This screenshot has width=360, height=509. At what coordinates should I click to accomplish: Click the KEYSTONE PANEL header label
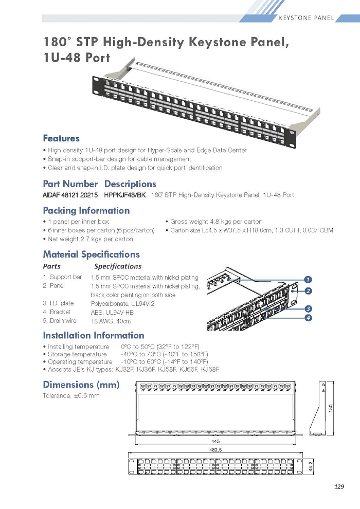(306, 18)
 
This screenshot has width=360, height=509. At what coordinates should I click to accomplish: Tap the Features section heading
(61, 138)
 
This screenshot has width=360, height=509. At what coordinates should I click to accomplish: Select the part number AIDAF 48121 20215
(70, 195)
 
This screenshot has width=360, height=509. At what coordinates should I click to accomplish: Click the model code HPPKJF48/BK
(125, 195)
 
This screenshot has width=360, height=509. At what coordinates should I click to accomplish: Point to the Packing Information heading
(86, 210)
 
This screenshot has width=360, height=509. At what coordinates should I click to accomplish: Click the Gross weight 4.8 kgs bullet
(214, 222)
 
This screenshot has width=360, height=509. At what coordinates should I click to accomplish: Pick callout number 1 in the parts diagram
(308, 280)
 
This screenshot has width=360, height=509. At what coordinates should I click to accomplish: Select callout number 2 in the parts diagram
(308, 291)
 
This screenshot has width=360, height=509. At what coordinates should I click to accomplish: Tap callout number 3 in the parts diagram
(308, 308)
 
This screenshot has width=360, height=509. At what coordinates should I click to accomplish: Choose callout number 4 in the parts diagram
(308, 317)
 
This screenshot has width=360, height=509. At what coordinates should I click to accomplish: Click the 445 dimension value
(215, 441)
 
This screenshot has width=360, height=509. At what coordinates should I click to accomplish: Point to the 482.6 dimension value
(215, 450)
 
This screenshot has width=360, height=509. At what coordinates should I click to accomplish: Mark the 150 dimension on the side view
(331, 408)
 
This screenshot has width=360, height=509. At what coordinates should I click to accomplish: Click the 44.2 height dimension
(311, 467)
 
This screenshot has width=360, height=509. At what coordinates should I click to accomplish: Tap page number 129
(339, 486)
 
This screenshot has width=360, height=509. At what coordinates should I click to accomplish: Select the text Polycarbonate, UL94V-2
(123, 304)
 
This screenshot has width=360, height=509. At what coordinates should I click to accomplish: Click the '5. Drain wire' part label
(60, 321)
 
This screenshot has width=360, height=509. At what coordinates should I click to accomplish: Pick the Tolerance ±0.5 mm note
(71, 396)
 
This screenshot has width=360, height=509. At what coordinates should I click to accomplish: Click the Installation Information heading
(94, 335)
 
